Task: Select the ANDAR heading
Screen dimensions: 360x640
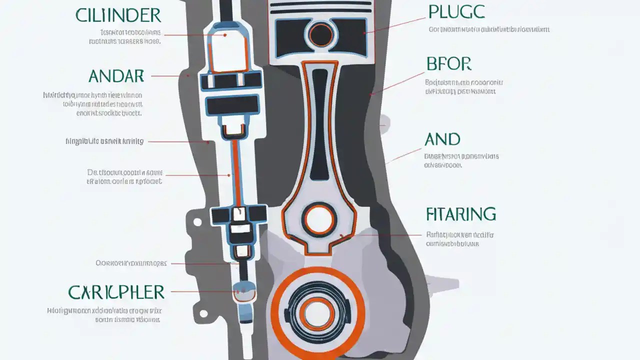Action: [x=116, y=76]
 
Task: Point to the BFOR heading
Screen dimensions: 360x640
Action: [x=448, y=64]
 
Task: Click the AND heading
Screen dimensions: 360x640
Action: [x=442, y=139]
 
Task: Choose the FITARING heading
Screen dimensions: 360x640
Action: [x=460, y=214]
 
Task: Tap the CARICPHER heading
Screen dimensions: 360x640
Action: [x=116, y=291]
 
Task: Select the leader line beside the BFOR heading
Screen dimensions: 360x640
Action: [x=397, y=82]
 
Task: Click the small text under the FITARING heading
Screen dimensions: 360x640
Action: [x=459, y=239]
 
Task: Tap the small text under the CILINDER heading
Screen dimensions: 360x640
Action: [x=130, y=37]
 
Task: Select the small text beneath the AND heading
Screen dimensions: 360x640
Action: [x=461, y=160]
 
